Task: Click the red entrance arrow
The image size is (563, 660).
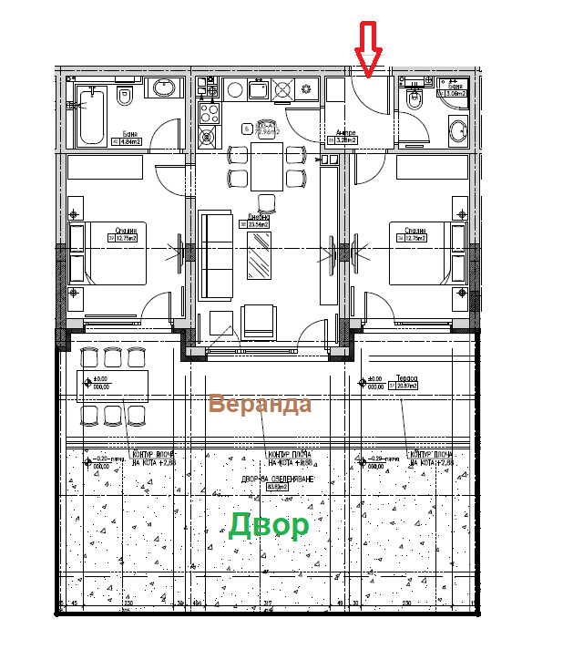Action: (x=368, y=49)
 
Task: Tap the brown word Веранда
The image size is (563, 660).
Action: (x=260, y=404)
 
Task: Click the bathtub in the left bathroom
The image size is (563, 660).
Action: (x=91, y=116)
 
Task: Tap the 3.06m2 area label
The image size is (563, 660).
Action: (x=453, y=93)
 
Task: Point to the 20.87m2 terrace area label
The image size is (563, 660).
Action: (x=405, y=387)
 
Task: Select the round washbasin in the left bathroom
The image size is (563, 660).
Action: (x=164, y=88)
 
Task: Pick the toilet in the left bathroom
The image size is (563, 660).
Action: (x=127, y=95)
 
